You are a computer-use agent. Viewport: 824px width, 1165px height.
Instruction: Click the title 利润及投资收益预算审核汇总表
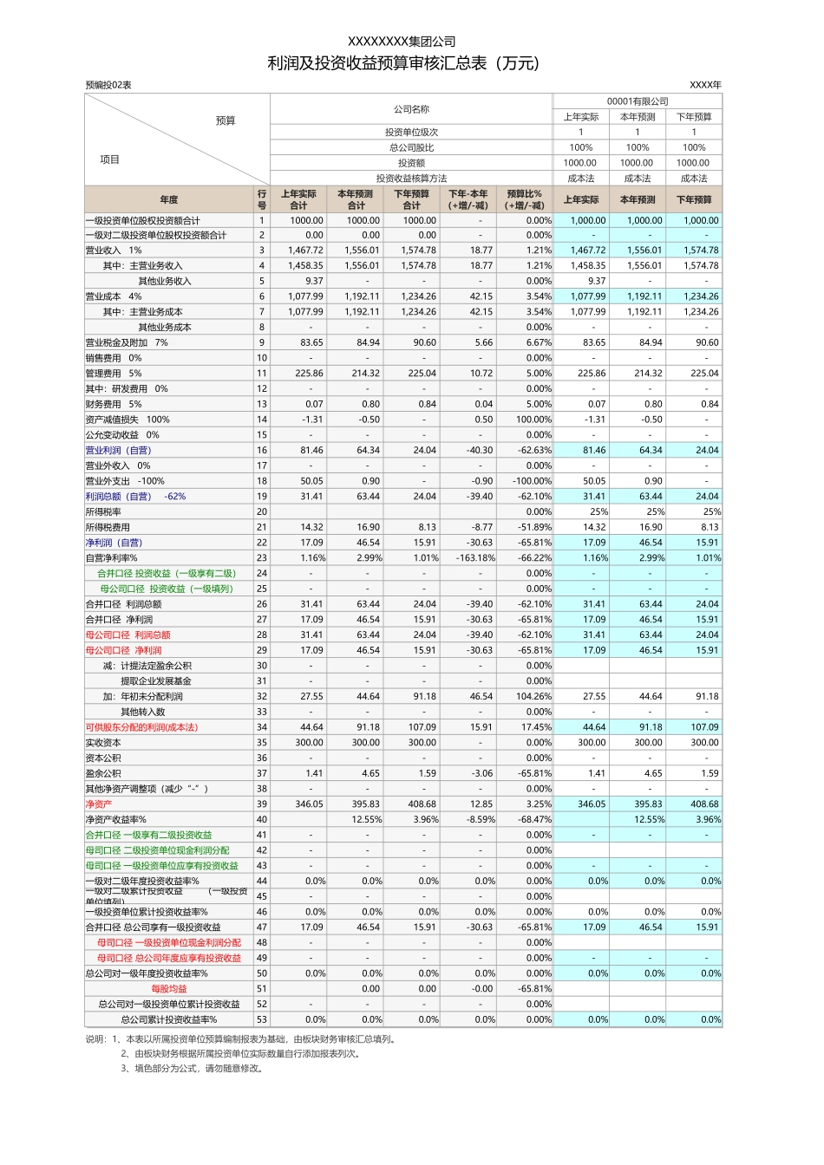[x=402, y=63]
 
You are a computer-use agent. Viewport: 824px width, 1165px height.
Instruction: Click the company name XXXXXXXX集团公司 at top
[x=402, y=42]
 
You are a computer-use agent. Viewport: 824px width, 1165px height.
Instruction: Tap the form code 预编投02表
[x=108, y=85]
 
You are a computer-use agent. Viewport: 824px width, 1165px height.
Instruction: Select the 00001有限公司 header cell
[x=638, y=101]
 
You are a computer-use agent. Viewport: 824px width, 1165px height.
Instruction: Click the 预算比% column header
[x=525, y=199]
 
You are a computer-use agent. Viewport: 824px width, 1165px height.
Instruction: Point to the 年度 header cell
[x=169, y=199]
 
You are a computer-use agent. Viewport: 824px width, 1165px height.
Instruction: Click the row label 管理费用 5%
[x=114, y=374]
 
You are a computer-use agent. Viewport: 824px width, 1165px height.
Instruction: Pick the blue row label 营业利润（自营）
[x=118, y=451]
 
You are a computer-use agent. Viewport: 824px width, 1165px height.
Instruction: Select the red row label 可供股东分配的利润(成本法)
[x=141, y=727]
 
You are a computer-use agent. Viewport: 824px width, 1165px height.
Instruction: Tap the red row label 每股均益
[x=169, y=989]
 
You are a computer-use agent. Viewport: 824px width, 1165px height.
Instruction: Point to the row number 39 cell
[x=262, y=804]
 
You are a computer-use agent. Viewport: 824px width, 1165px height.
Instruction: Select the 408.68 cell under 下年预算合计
[x=422, y=804]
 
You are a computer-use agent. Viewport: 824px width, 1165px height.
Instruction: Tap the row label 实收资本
[x=103, y=743]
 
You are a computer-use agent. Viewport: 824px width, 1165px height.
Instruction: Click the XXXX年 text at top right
[x=705, y=85]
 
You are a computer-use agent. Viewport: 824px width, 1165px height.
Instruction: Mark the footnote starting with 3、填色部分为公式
[x=192, y=1069]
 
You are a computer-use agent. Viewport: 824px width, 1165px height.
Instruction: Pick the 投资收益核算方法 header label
[x=411, y=179]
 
